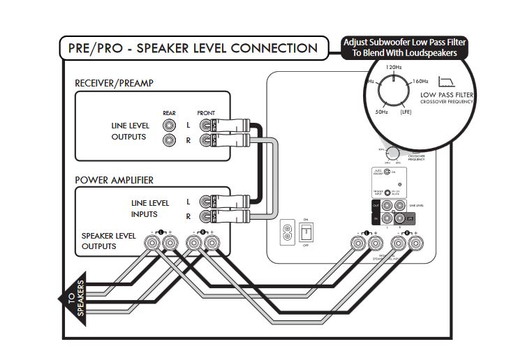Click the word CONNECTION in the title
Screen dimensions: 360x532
(x=274, y=48)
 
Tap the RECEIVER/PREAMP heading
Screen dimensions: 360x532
(x=114, y=84)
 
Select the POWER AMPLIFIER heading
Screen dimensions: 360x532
(x=113, y=179)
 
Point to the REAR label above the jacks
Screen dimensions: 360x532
(x=169, y=112)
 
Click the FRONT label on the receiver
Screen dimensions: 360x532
(x=206, y=112)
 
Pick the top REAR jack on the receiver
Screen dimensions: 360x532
(x=169, y=125)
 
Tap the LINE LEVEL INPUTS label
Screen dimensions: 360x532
(x=150, y=209)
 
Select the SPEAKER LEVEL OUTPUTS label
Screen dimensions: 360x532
(x=108, y=241)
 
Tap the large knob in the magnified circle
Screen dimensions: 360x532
(x=394, y=90)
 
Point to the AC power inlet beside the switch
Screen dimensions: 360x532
(x=286, y=231)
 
